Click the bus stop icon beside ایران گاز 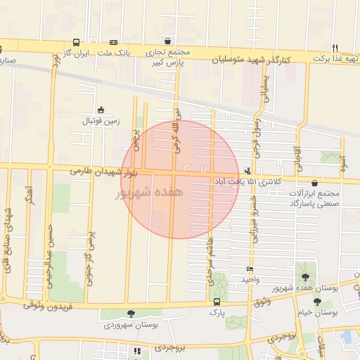point(76,42)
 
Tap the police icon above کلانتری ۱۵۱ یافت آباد point(247,170)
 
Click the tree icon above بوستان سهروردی point(131,314)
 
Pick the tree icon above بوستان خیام point(317,302)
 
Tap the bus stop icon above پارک point(216,302)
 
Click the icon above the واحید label point(250,269)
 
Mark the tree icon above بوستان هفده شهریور point(304,276)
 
